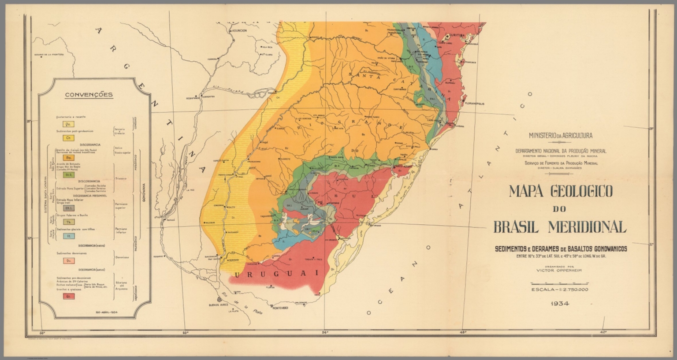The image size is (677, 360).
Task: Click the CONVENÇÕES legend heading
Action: pos(89,95)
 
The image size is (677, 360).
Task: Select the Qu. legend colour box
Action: pos(68,124)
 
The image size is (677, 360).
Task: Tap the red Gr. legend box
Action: pos(68,296)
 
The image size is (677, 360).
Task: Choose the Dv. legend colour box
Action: pos(68,261)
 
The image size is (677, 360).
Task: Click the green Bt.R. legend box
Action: pos(68,174)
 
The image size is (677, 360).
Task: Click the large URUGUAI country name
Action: pos(276,274)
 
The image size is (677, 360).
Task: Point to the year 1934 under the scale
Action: pos(560,304)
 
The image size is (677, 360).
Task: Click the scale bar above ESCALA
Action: pos(560,283)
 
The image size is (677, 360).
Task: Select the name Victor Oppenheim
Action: pos(559,271)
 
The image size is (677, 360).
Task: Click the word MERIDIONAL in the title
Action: pos(587,227)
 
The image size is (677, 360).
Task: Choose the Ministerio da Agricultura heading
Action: pos(560,136)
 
